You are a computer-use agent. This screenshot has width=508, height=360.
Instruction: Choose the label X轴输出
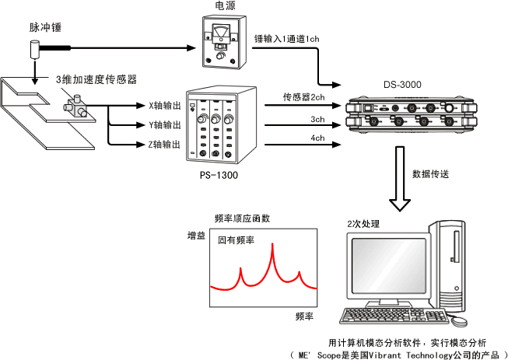click(x=164, y=105)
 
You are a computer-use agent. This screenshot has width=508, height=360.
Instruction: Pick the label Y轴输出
click(x=164, y=124)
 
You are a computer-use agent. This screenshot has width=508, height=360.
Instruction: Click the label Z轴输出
click(x=164, y=144)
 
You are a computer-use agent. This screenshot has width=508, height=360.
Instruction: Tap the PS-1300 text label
click(x=219, y=176)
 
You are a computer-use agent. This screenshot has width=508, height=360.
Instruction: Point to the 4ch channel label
click(x=317, y=138)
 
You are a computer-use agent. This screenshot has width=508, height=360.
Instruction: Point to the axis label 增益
click(x=195, y=234)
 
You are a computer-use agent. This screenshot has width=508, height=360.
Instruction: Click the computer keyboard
click(x=383, y=316)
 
